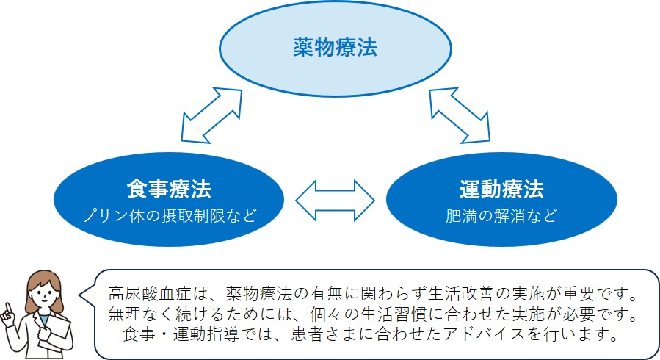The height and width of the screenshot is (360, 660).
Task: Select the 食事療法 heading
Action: pos(168,190)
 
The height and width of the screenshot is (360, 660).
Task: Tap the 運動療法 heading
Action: pos(501,190)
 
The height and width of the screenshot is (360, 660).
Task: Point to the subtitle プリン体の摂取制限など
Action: pos(168,216)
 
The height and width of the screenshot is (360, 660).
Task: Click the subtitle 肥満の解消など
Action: pos(501,216)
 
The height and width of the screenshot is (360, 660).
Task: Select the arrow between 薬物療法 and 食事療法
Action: pos(212,114)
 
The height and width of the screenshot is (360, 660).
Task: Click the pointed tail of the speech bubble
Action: pos(82,298)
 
